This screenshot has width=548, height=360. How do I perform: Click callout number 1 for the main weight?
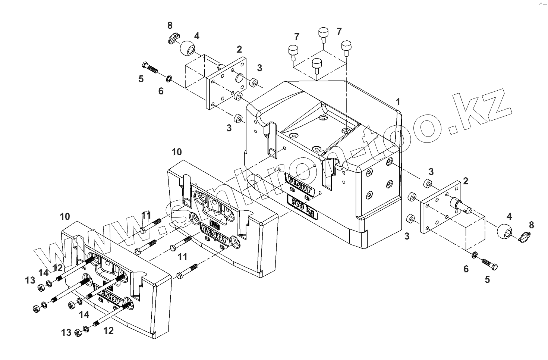pyautogui.click(x=398, y=101)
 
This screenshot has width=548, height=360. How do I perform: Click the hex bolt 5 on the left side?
pyautogui.click(x=150, y=68)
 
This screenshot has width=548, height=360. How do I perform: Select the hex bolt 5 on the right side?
pyautogui.click(x=489, y=264)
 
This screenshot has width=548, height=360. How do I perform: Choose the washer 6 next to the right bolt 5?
pyautogui.click(x=475, y=255)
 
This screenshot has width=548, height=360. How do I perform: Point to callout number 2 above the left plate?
pyautogui.click(x=239, y=49)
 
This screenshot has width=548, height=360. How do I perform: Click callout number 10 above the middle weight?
pyautogui.click(x=177, y=152)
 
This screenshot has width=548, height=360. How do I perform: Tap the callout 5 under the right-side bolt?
pyautogui.click(x=487, y=279)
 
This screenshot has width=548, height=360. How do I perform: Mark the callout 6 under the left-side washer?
pyautogui.click(x=161, y=91)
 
